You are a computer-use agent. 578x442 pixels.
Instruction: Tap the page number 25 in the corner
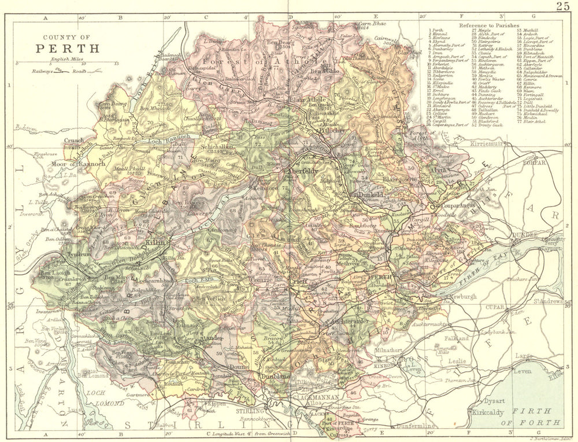563,6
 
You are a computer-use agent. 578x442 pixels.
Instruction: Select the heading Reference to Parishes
489,26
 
